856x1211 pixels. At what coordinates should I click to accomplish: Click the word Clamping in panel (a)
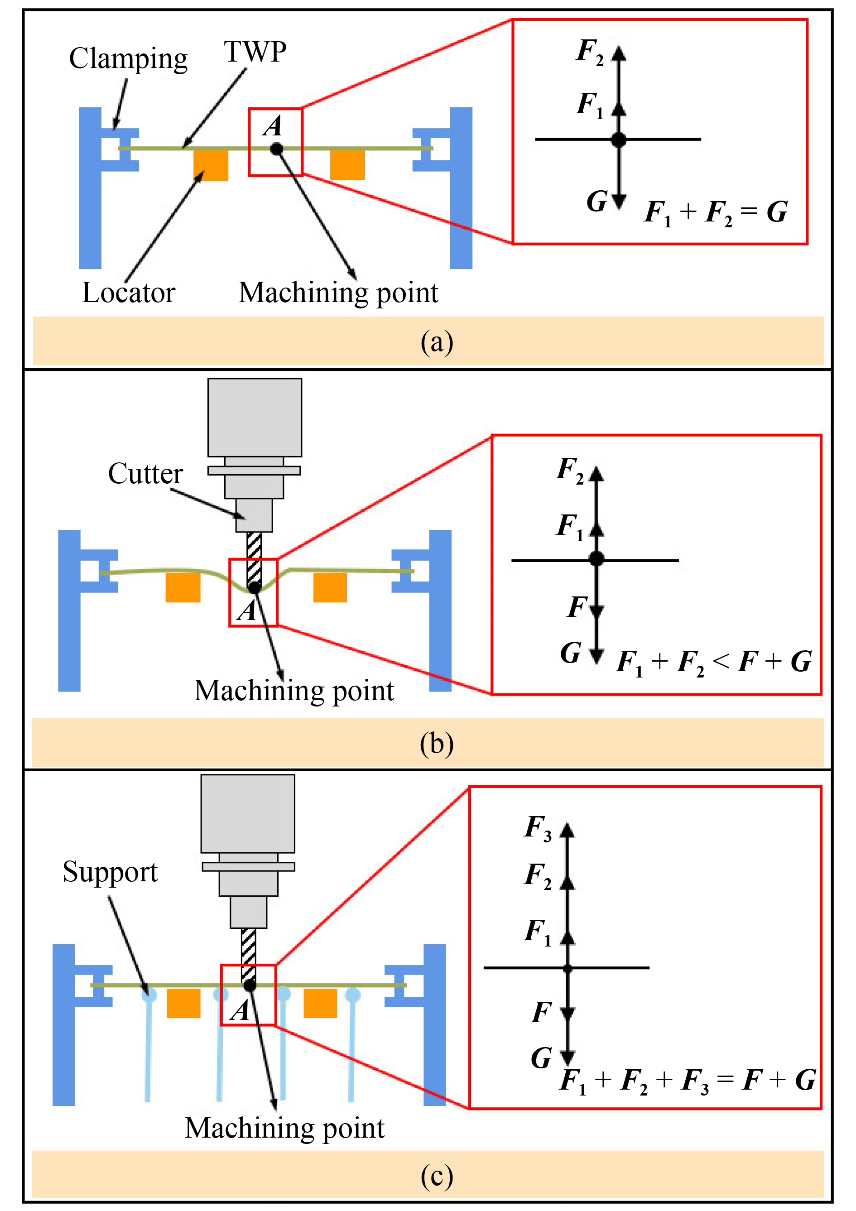pos(128,59)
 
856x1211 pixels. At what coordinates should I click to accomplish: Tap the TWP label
pos(255,52)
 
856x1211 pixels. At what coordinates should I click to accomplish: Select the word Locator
pos(128,293)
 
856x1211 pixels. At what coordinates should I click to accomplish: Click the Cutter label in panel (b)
pos(145,473)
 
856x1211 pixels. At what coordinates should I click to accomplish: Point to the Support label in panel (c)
pos(110,872)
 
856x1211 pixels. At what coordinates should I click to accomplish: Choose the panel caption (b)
pos(437,743)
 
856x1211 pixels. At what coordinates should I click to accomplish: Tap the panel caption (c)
pos(437,1176)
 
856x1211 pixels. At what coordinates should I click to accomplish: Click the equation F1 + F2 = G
pos(716,212)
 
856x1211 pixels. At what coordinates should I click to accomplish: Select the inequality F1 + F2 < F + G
pos(714,662)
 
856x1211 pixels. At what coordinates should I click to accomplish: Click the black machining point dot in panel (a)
pos(276,149)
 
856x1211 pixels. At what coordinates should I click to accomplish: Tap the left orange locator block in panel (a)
pos(211,166)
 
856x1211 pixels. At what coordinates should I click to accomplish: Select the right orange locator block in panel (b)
pos(330,587)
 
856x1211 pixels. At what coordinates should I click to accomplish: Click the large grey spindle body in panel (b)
pos(255,417)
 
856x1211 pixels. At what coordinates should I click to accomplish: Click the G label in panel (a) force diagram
pos(597,202)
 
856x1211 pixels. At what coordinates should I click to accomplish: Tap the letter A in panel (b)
pos(246,611)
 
